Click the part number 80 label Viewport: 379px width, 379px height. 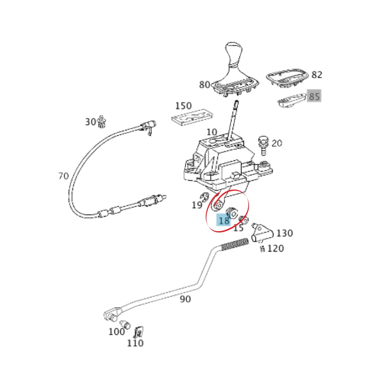pyautogui.click(x=205, y=85)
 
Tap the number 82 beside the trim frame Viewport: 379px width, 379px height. pyautogui.click(x=317, y=75)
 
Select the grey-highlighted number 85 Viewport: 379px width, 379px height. pyautogui.click(x=314, y=96)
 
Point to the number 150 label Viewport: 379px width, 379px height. pyautogui.click(x=183, y=106)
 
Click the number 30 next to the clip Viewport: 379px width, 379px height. pyautogui.click(x=91, y=122)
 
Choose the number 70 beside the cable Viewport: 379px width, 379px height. pyautogui.click(x=64, y=176)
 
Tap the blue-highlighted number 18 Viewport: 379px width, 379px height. pyautogui.click(x=224, y=220)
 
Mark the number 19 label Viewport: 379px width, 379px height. pyautogui.click(x=197, y=205)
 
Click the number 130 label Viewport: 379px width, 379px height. pyautogui.click(x=285, y=233)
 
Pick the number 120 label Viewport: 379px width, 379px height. pyautogui.click(x=276, y=249)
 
